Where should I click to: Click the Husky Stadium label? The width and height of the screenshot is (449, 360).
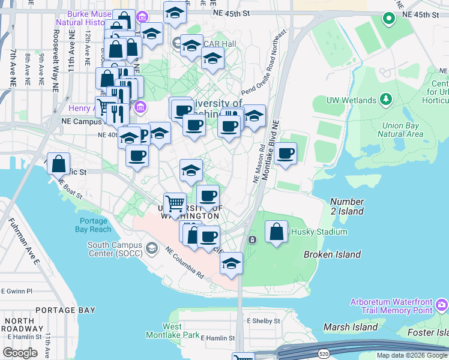[x=319, y=232]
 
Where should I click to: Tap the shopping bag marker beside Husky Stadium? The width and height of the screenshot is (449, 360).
[x=276, y=232]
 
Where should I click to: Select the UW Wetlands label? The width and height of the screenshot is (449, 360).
[x=351, y=100]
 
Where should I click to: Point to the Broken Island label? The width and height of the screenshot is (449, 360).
[x=332, y=254]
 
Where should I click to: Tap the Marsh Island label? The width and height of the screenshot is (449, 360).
[x=351, y=327]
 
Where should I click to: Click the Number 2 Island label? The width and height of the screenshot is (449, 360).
[x=347, y=206]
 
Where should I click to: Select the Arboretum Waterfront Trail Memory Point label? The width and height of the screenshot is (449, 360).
[x=397, y=306]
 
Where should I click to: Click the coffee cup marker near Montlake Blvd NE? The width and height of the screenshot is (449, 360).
[x=286, y=154]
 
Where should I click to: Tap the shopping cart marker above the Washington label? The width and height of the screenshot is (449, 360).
[x=175, y=204]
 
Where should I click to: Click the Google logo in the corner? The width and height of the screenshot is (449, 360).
[x=20, y=353]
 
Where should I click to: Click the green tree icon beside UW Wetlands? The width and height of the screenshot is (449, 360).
[x=386, y=99]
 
